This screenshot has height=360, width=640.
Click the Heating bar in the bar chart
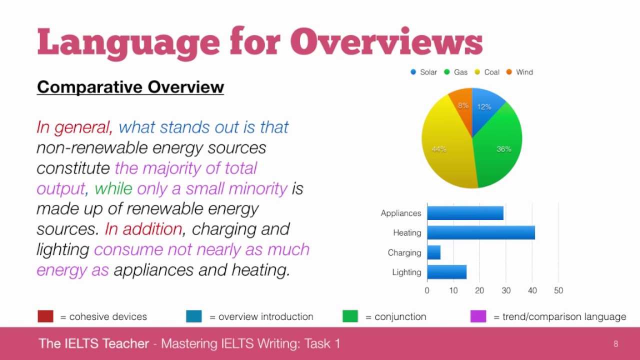481,232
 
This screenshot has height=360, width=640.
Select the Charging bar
434,252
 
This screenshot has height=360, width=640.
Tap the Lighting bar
447,272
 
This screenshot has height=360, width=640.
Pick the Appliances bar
465,213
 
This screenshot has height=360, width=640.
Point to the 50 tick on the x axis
558,290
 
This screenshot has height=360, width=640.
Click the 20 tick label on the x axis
479,290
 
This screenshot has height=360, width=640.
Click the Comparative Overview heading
130,87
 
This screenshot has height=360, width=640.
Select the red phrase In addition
143,229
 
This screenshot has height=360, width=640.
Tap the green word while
113,188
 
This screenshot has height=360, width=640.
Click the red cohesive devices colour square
45,316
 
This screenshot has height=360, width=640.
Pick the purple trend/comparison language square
478,316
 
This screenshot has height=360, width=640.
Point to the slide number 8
615,343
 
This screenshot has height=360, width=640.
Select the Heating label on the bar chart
407,232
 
